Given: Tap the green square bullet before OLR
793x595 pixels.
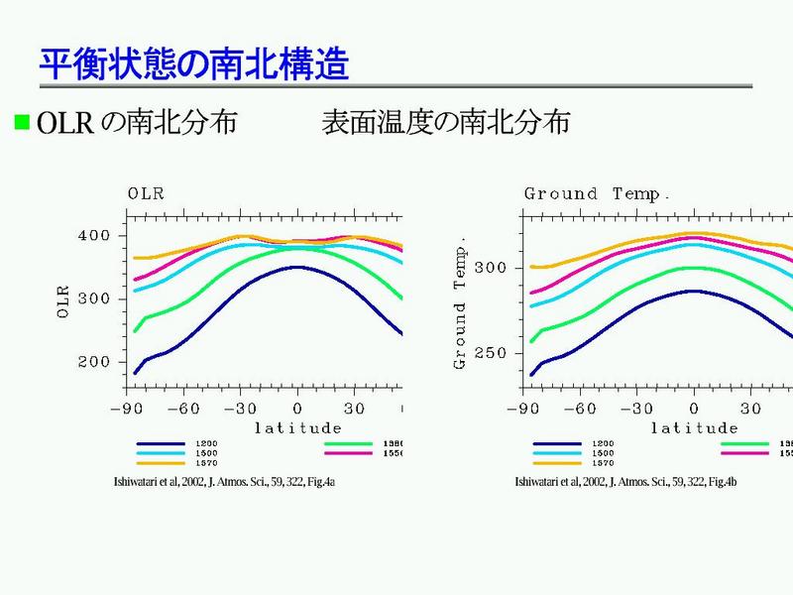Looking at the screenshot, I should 21,123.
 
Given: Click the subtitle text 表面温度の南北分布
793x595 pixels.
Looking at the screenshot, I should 445,123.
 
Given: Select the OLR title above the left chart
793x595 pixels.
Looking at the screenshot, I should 146,193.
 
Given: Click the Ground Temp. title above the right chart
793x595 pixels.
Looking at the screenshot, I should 597,193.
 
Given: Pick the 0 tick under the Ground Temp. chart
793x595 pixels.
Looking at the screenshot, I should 694,409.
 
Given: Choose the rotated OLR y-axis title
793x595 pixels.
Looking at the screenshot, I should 64,299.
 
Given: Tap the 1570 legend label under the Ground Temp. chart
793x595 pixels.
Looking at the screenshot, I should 602,463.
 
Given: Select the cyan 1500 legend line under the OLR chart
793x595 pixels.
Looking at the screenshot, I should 160,453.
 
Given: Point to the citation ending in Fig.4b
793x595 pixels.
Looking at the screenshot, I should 626,482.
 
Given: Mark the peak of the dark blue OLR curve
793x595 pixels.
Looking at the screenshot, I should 296,266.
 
